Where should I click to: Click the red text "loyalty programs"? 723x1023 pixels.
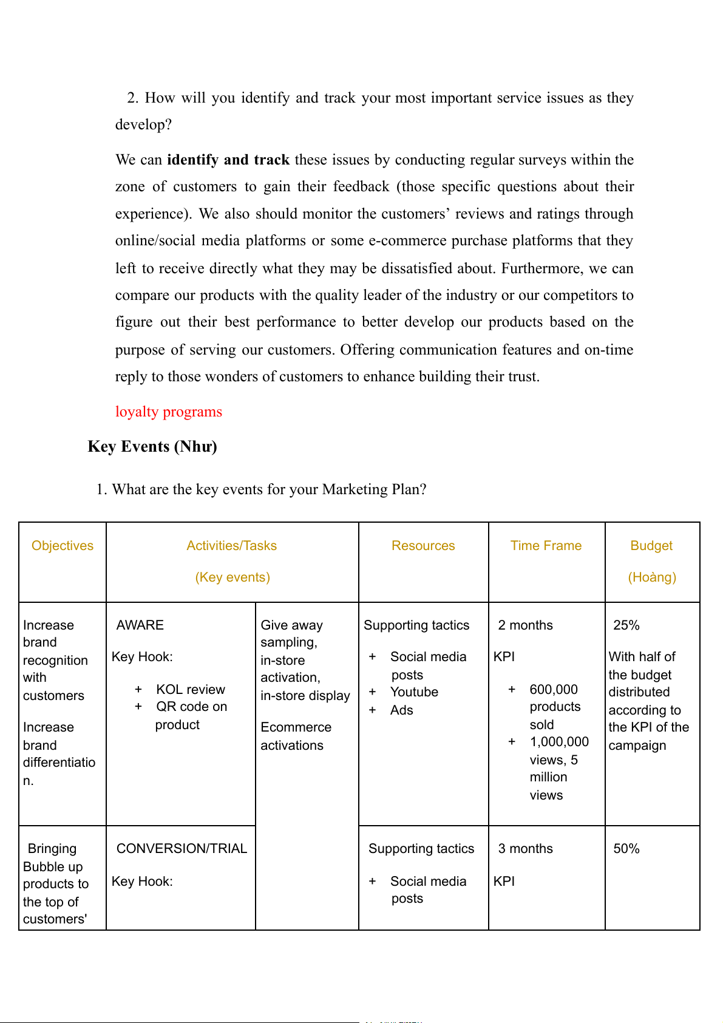(169, 412)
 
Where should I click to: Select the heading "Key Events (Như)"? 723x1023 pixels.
(152, 446)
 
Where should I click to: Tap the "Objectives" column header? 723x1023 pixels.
(63, 546)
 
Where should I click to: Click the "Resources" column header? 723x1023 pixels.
(423, 546)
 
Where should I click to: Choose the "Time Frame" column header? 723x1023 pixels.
(546, 546)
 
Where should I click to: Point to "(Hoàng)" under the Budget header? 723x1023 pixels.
(652, 577)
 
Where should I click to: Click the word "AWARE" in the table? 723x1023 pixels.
(140, 625)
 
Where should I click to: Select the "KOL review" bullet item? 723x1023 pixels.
(191, 690)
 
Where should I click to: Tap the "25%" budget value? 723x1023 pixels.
(626, 625)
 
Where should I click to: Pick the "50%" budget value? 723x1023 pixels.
(626, 849)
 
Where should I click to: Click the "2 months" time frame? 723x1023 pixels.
(526, 625)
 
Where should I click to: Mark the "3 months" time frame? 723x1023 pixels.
(526, 849)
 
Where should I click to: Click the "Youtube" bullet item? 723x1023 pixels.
(414, 692)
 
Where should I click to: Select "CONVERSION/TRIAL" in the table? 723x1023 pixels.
(182, 849)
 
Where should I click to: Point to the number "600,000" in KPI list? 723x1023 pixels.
(554, 690)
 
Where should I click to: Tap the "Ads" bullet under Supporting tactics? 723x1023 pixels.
(402, 710)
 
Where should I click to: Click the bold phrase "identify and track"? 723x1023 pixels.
(228, 160)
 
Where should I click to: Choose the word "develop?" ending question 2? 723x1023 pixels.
(143, 124)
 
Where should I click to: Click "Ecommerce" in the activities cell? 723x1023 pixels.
(296, 727)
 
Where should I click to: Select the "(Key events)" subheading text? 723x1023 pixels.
(233, 577)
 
